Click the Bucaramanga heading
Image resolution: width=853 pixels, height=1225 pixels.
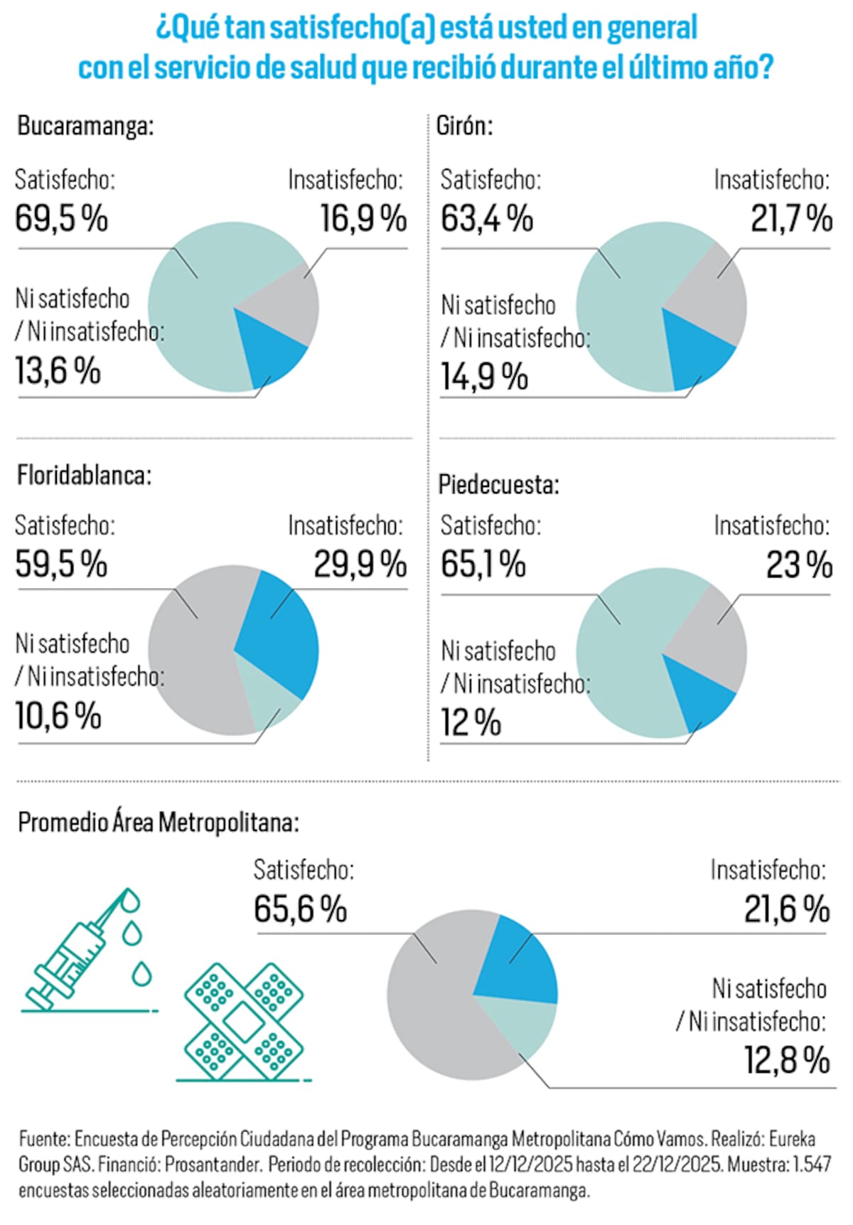[85, 127]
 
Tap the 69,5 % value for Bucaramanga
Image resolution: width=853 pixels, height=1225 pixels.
[61, 218]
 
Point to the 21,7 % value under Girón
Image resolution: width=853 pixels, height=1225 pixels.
[791, 218]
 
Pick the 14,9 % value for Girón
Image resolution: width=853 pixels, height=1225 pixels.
[484, 376]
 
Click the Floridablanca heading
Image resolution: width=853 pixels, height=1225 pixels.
[84, 475]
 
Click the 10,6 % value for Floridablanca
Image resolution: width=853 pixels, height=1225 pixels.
[58, 715]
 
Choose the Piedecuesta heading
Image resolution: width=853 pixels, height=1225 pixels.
[498, 485]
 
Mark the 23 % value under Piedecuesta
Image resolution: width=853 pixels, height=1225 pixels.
[799, 565]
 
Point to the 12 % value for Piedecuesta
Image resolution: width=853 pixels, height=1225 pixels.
[471, 722]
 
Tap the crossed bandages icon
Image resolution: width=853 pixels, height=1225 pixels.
[244, 1021]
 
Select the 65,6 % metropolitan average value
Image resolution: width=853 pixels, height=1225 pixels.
[300, 909]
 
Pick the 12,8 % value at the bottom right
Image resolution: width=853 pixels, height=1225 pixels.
[787, 1059]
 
